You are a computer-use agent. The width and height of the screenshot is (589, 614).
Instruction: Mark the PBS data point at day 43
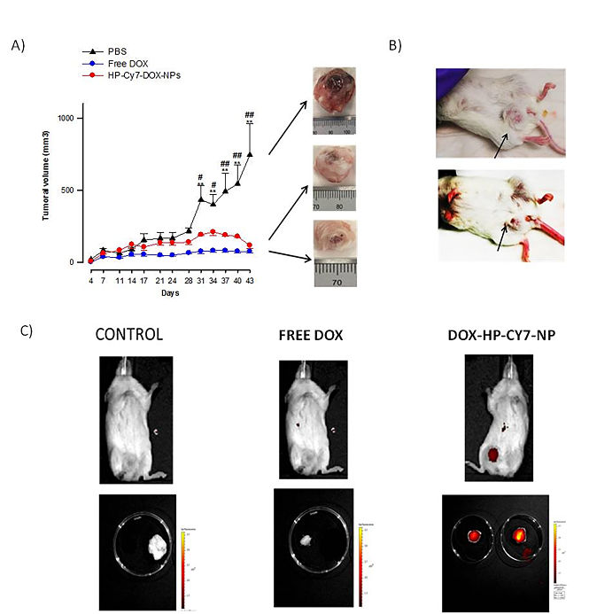(x=251, y=154)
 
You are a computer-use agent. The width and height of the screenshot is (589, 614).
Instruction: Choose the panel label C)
(x=26, y=329)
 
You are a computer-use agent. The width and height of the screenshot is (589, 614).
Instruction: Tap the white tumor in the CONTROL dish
(x=157, y=548)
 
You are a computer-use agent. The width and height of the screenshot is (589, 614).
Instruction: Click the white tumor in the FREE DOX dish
(x=305, y=539)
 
